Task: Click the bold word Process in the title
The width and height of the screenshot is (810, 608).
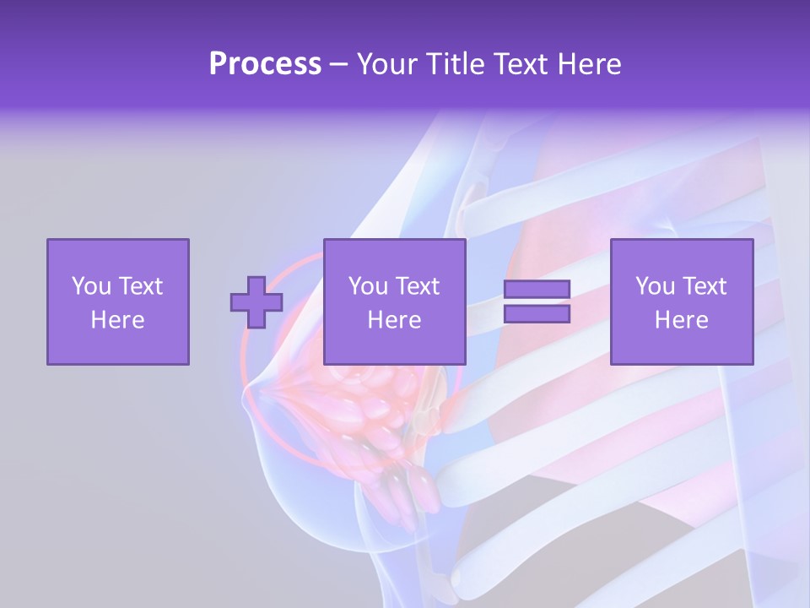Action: pos(265,64)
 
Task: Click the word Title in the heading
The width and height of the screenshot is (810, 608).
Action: pos(457,64)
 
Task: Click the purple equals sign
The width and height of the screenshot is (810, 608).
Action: pos(537,301)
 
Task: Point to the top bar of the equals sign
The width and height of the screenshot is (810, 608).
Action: pos(537,290)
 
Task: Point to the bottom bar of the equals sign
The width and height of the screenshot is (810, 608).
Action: pos(537,314)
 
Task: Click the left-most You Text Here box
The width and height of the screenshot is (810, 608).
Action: pos(117,301)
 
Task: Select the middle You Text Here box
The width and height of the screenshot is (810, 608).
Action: pos(394,301)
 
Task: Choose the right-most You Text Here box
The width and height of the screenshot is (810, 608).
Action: pos(681,301)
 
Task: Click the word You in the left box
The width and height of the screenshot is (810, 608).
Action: pos(91,286)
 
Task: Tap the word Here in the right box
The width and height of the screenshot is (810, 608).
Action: pos(681,320)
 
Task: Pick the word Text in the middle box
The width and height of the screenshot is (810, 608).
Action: pos(417,286)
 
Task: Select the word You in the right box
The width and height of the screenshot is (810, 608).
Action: pos(655,286)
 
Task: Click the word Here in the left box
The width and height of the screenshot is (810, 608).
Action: pos(117,320)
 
